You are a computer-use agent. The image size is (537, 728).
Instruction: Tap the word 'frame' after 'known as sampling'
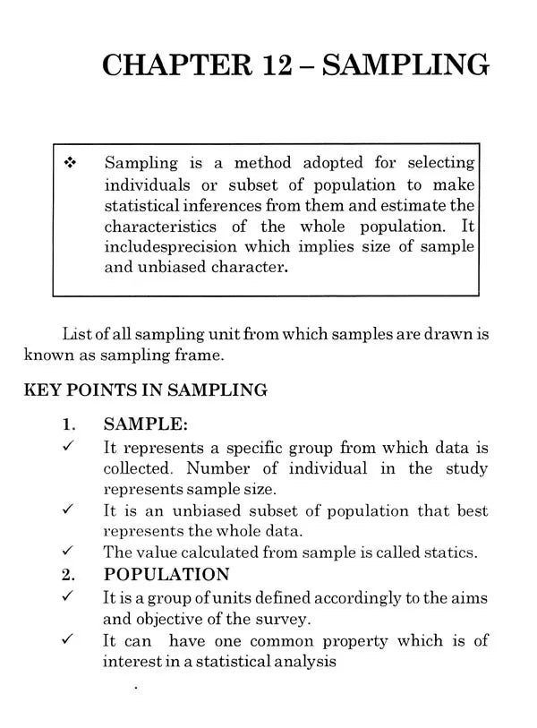pyautogui.click(x=203, y=355)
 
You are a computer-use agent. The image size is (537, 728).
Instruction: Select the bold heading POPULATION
pyautogui.click(x=166, y=575)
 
